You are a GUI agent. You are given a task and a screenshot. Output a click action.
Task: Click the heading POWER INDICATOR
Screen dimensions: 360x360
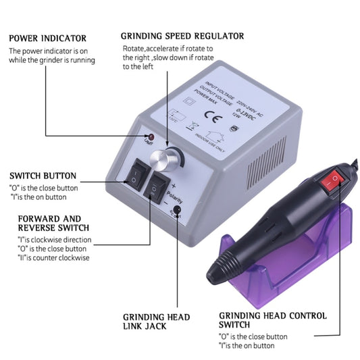click(x=47, y=38)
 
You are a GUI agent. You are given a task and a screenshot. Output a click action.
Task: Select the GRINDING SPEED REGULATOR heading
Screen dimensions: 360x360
click(x=182, y=36)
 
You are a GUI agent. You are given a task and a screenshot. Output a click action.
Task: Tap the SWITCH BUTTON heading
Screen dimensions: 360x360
click(x=43, y=176)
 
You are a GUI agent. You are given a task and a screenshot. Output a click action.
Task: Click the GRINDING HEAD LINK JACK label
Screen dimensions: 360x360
click(x=156, y=322)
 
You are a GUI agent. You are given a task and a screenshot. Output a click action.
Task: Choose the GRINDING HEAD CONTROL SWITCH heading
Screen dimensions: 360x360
click(x=273, y=321)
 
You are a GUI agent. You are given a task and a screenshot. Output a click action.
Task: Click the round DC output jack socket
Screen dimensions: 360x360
click(x=178, y=211)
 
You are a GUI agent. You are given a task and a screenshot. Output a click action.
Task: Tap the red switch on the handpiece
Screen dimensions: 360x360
click(x=332, y=180)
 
